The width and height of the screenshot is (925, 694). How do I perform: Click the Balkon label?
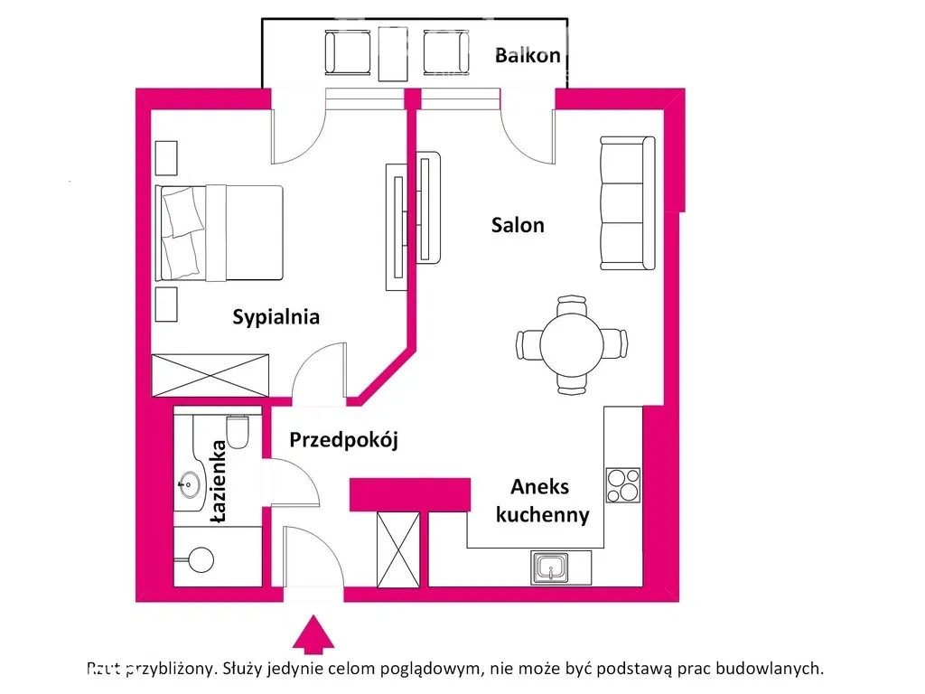coord(528,55)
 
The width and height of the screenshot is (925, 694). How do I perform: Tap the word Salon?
coord(518,225)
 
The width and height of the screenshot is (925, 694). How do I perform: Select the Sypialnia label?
coord(276,317)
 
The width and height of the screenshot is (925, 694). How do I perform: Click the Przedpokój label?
coord(343,441)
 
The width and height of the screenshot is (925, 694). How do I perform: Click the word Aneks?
coord(540,487)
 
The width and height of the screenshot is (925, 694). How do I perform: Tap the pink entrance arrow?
coord(313,633)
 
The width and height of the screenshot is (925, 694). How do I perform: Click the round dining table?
coord(572,344)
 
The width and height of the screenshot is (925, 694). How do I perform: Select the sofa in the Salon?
coord(627,202)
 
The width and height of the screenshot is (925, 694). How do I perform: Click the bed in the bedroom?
coord(220,232)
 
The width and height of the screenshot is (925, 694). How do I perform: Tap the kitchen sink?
coord(550,567)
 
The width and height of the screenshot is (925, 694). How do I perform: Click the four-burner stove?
coord(622,484)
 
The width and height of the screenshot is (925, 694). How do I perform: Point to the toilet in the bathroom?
coord(238,431)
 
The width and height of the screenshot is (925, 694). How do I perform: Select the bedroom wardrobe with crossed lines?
coord(210,375)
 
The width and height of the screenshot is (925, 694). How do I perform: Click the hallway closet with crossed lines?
coord(398,549)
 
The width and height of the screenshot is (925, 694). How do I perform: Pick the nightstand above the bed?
coord(167,158)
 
